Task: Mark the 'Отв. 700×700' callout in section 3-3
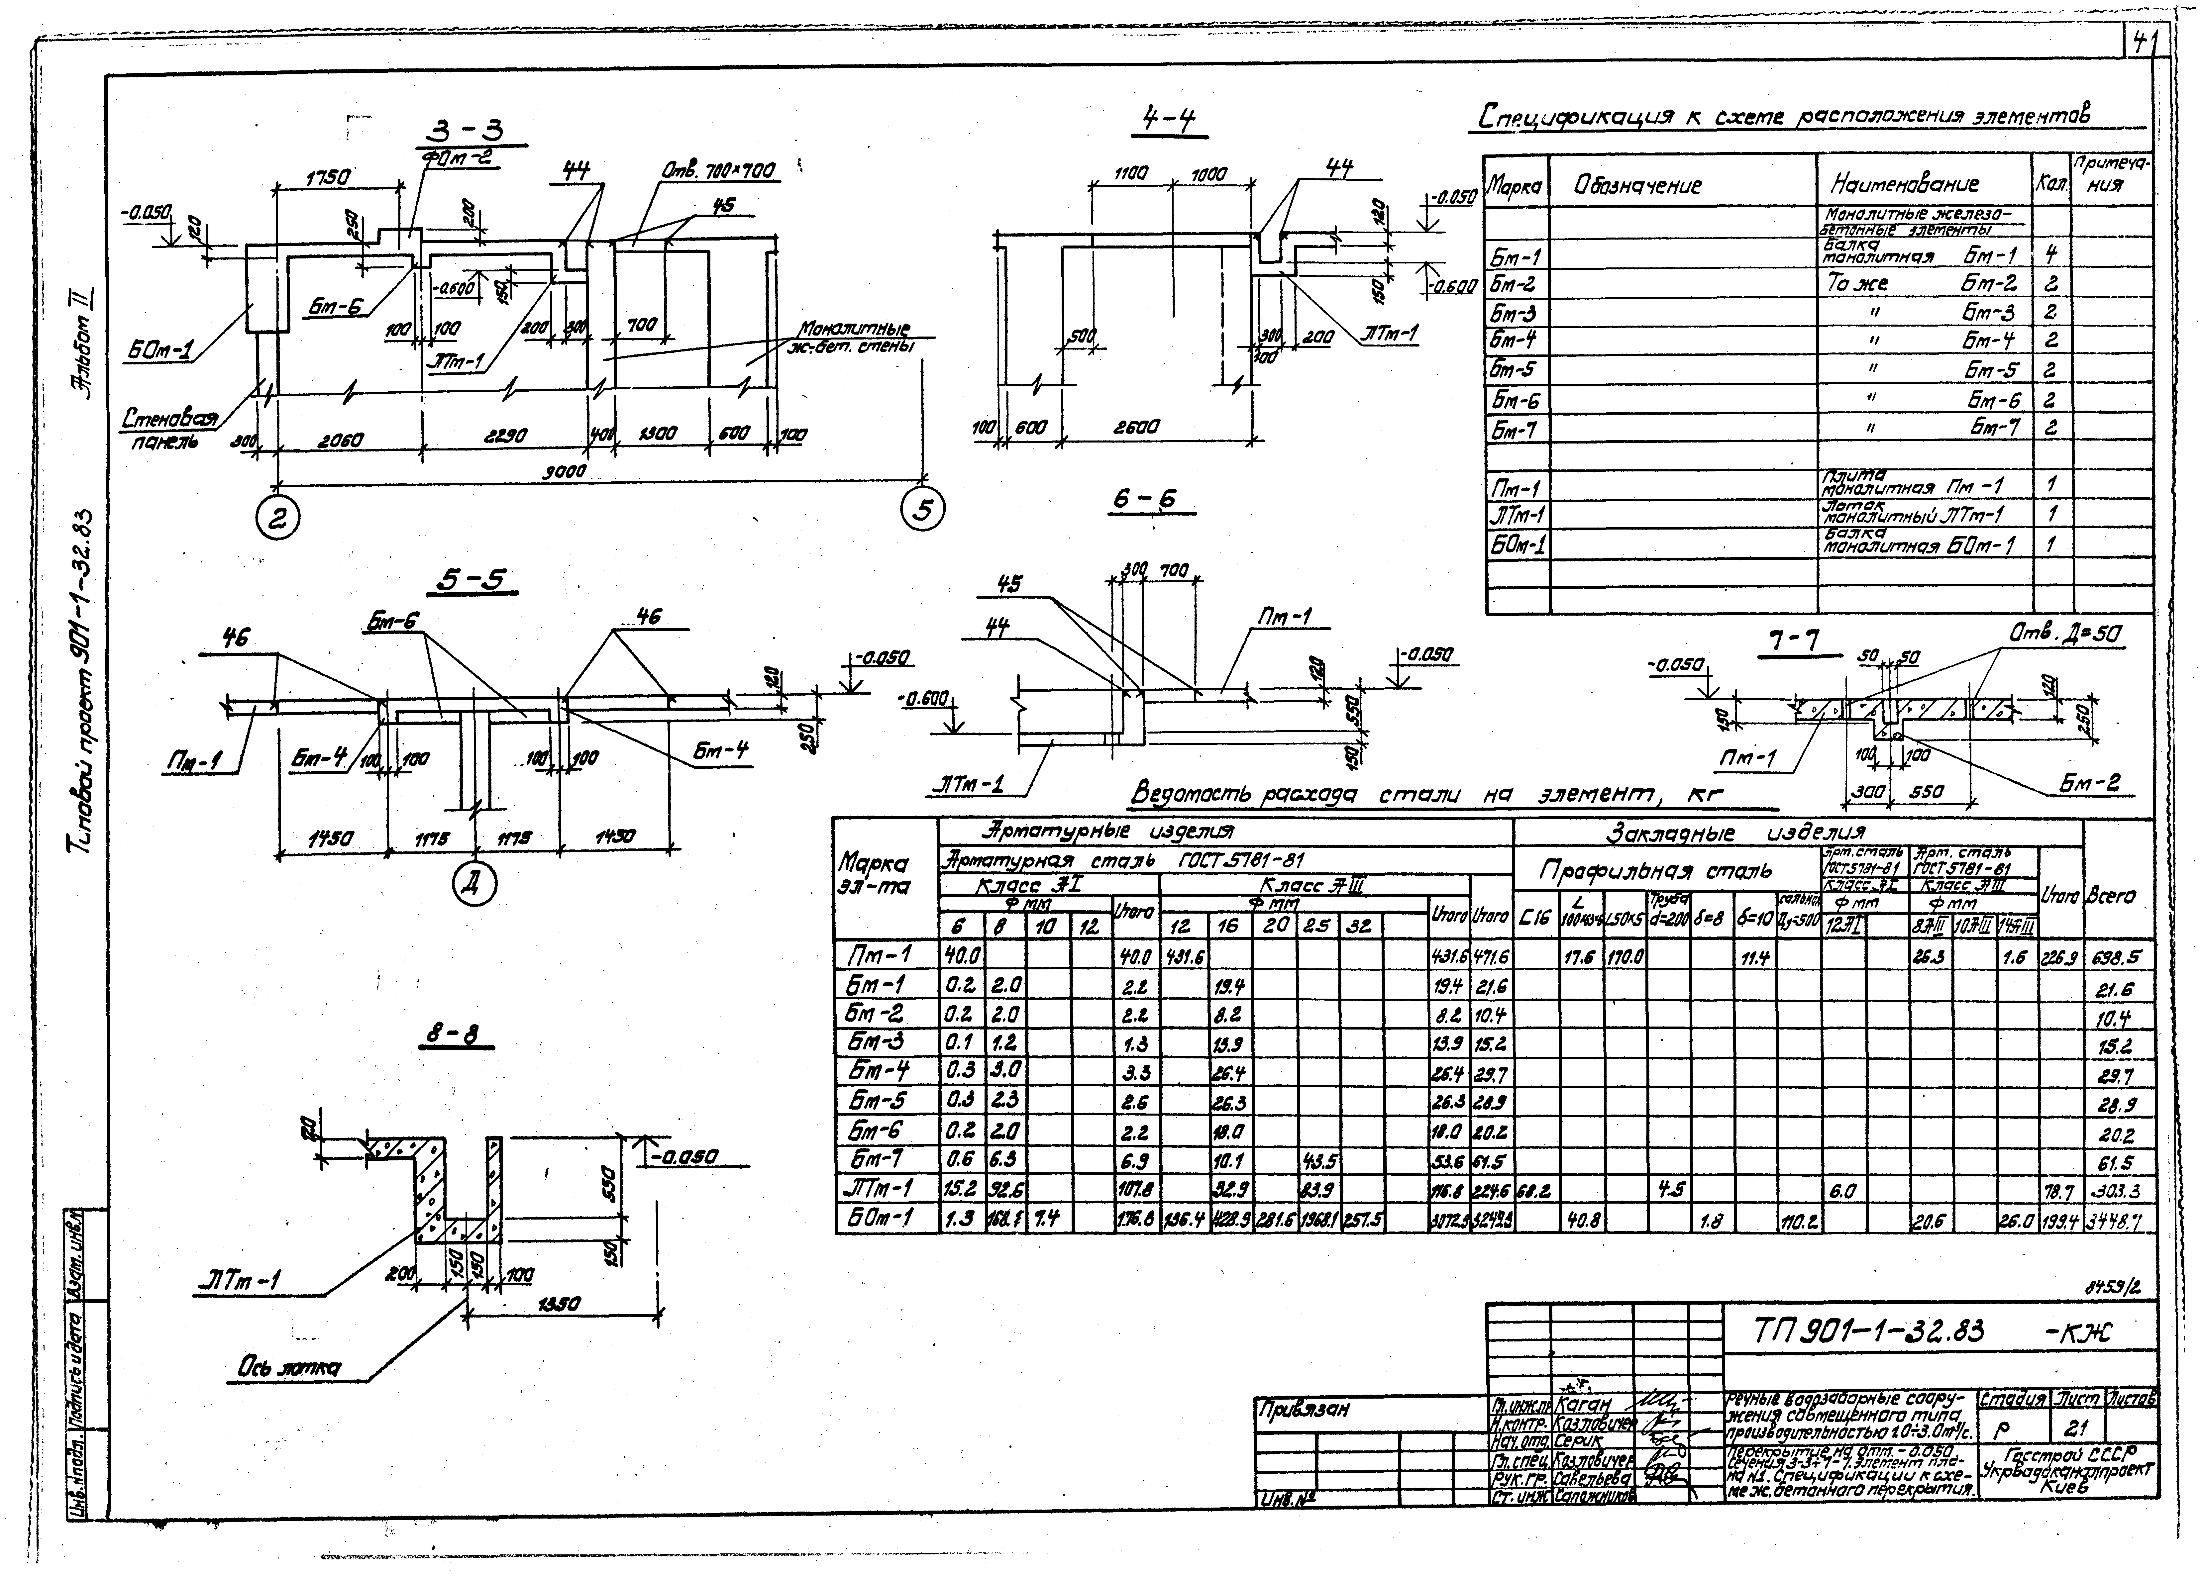(x=718, y=172)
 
